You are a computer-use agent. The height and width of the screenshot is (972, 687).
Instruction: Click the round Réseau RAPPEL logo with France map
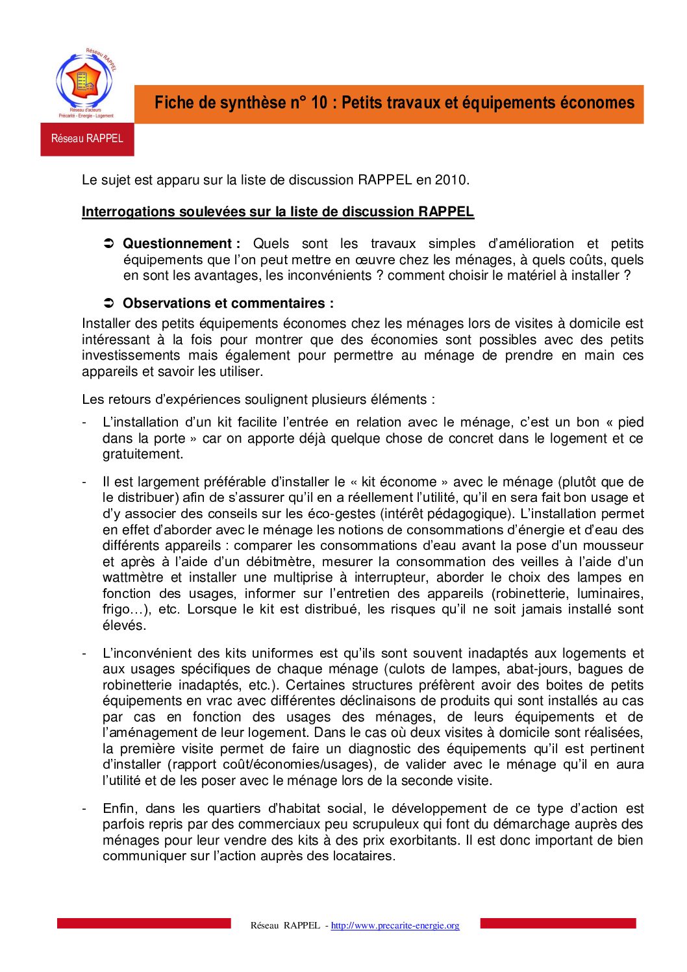tap(85, 82)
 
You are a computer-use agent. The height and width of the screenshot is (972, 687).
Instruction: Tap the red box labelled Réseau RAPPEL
tap(87, 138)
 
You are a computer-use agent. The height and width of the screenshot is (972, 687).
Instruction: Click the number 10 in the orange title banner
tap(319, 103)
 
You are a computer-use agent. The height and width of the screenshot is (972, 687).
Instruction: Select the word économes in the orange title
tap(597, 103)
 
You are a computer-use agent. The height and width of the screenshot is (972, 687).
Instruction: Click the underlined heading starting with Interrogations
tap(277, 212)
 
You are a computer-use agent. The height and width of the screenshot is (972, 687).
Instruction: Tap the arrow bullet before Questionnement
tap(109, 243)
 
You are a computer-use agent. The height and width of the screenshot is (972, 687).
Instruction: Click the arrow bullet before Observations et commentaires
tap(109, 303)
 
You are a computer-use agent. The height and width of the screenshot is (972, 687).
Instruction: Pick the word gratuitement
tap(143, 454)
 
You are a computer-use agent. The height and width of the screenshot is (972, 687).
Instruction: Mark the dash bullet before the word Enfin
tap(84, 808)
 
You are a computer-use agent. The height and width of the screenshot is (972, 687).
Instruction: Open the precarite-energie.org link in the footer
tap(395, 925)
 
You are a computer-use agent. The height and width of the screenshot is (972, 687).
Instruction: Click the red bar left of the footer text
tap(144, 923)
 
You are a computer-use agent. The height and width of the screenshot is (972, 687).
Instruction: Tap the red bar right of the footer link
tap(558, 923)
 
